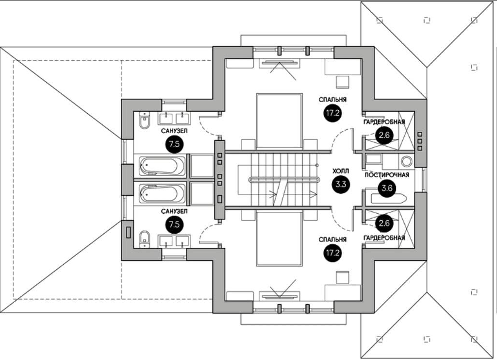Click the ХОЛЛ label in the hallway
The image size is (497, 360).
[x=340, y=171]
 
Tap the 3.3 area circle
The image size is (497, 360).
[x=341, y=184]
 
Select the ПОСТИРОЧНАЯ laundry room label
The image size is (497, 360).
[x=387, y=175]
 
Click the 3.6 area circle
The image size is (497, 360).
[x=387, y=189]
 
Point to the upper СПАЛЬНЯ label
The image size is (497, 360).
[x=332, y=100]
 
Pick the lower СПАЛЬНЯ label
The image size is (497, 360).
[x=332, y=240]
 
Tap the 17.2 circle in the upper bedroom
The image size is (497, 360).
[x=332, y=113]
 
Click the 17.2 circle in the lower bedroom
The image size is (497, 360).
[x=332, y=253]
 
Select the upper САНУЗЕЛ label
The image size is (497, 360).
[x=174, y=131]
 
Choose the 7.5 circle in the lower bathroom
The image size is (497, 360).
[x=174, y=224]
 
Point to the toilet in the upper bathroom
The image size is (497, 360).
[x=145, y=120]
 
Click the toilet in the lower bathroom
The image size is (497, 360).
[x=145, y=239]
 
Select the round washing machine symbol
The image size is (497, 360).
[x=406, y=161]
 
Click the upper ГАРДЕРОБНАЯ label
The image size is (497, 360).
[x=384, y=122]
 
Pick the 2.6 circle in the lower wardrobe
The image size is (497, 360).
[x=384, y=223]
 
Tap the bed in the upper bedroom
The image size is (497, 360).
[x=279, y=120]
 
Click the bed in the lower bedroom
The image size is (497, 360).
[x=279, y=239]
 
